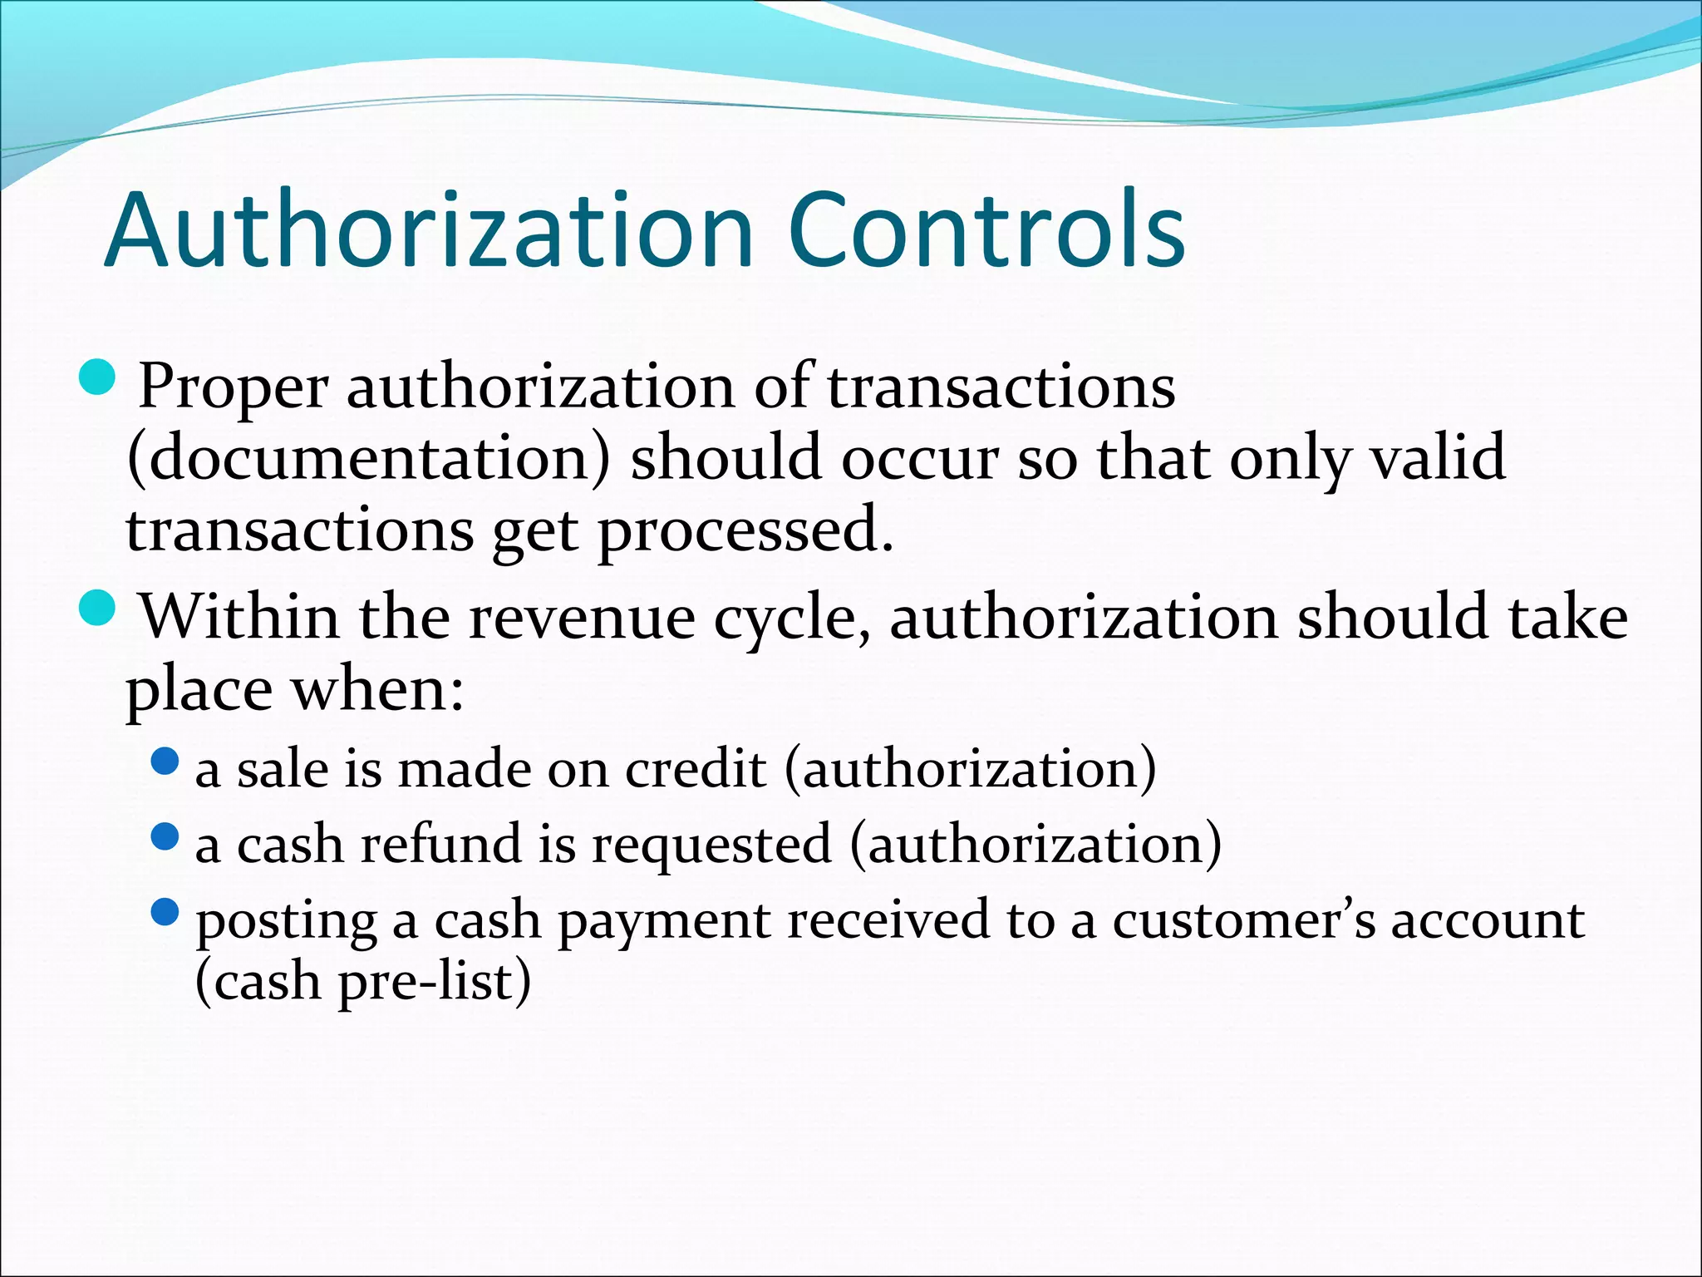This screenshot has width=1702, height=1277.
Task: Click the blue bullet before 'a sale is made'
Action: [166, 761]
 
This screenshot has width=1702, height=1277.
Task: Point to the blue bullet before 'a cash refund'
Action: [166, 836]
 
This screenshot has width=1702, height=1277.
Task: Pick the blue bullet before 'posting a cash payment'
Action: [166, 912]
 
